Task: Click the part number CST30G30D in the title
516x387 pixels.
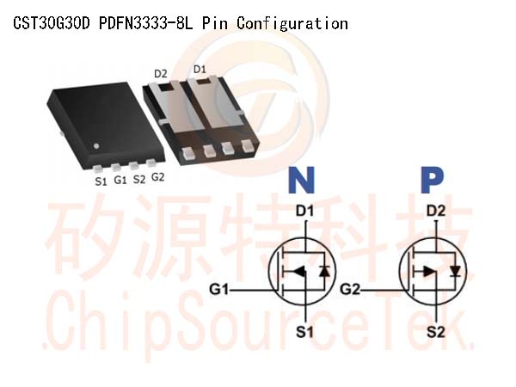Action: (52, 23)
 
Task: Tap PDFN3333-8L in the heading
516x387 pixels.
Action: (146, 23)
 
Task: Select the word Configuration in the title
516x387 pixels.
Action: (292, 24)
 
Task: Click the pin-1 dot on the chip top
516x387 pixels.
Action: (96, 146)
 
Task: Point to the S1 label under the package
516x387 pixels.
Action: (101, 181)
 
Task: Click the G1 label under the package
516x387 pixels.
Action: (120, 180)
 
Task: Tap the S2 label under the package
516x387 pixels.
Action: (138, 180)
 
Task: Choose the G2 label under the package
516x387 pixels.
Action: (157, 177)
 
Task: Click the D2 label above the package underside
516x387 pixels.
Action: (161, 74)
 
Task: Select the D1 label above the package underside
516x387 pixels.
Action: (200, 70)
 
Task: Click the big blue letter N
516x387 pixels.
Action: (302, 180)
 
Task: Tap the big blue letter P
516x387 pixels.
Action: (432, 180)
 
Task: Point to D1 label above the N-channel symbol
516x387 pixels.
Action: (304, 211)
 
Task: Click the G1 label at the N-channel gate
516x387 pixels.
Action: (218, 290)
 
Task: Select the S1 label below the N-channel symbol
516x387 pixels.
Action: (304, 332)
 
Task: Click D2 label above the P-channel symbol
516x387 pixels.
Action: (436, 211)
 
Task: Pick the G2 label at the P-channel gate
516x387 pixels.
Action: (350, 290)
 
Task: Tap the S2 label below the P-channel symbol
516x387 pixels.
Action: (436, 332)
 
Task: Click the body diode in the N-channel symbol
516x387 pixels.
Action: (325, 272)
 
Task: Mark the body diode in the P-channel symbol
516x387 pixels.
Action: (456, 272)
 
